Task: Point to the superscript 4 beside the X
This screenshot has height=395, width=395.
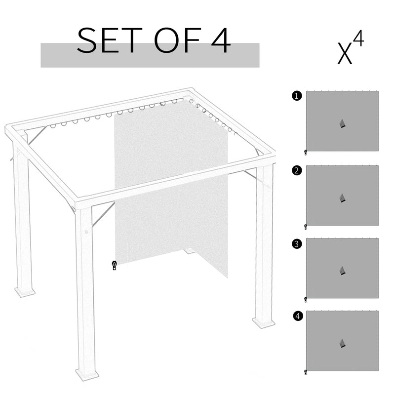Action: [358, 39]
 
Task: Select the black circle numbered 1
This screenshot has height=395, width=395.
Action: [296, 96]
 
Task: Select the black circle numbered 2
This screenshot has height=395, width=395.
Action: [296, 171]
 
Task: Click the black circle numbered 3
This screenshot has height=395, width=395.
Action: [296, 243]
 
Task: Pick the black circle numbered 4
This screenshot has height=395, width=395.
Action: [296, 316]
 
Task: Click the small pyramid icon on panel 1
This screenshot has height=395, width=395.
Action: [342, 123]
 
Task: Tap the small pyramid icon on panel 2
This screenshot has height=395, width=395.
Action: [342, 197]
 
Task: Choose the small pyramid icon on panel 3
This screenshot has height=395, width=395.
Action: [342, 271]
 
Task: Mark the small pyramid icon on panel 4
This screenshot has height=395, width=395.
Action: [342, 343]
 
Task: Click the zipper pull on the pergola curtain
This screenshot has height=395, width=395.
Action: [114, 265]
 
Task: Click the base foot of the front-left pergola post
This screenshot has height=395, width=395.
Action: [87, 374]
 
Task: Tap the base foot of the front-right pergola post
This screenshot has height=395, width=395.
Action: [264, 322]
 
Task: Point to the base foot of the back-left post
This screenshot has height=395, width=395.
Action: [24, 292]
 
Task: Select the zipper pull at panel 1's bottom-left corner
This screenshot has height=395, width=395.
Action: [306, 152]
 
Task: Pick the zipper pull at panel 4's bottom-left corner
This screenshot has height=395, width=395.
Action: [306, 371]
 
